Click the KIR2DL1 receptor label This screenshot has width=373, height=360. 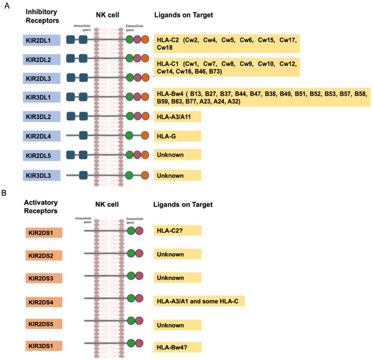(42, 39)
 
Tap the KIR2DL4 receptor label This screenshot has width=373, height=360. (42, 136)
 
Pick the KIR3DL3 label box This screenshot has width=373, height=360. (42, 175)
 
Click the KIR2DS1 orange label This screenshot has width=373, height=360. (43, 232)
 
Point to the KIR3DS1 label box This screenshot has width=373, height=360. (43, 347)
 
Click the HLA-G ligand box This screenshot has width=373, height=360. (177, 136)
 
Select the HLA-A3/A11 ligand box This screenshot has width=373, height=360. (177, 117)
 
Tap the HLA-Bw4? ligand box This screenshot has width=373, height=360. (177, 347)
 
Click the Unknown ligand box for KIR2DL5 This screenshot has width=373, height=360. (177, 155)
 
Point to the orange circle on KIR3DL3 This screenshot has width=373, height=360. (145, 175)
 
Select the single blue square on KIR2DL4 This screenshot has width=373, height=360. (83, 136)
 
